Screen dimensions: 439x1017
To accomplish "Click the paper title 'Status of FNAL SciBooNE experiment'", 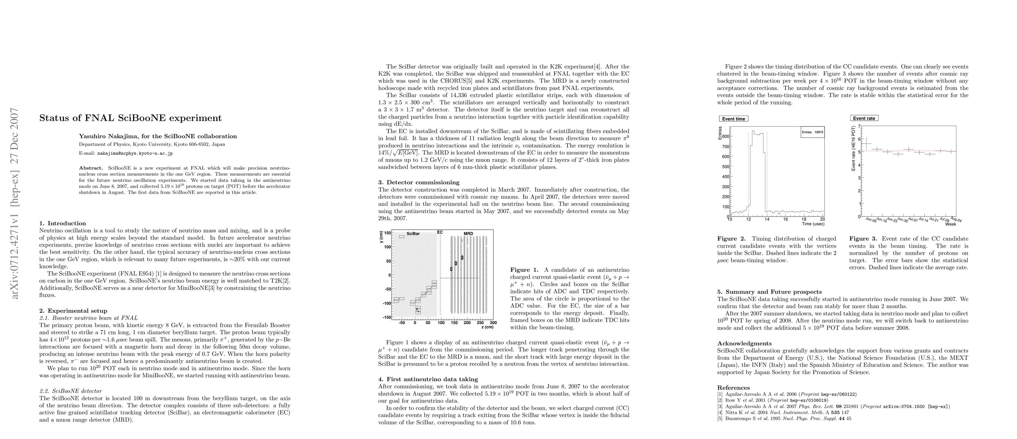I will pyautogui.click(x=130, y=118).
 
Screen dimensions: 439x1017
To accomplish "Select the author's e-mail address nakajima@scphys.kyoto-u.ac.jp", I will pyautogui.click(x=135, y=153).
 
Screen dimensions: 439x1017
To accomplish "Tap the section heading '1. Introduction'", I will pyautogui.click(x=63, y=223).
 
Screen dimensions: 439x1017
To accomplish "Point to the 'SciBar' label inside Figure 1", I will pyautogui.click(x=413, y=234).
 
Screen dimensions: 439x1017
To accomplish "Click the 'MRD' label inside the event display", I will pyautogui.click(x=468, y=234).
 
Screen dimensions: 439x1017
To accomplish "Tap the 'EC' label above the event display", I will pyautogui.click(x=440, y=233).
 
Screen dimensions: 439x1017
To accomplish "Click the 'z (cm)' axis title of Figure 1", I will pyautogui.click(x=487, y=327).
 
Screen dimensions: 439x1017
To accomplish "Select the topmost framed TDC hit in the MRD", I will pyautogui.click(x=462, y=258).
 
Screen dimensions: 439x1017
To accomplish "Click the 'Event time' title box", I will pyautogui.click(x=734, y=119).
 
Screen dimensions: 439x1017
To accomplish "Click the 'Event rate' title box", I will pyautogui.click(x=864, y=119).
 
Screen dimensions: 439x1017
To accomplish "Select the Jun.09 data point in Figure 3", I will pyautogui.click(x=865, y=143).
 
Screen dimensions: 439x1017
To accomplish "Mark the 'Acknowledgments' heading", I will pyautogui.click(x=744, y=343).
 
